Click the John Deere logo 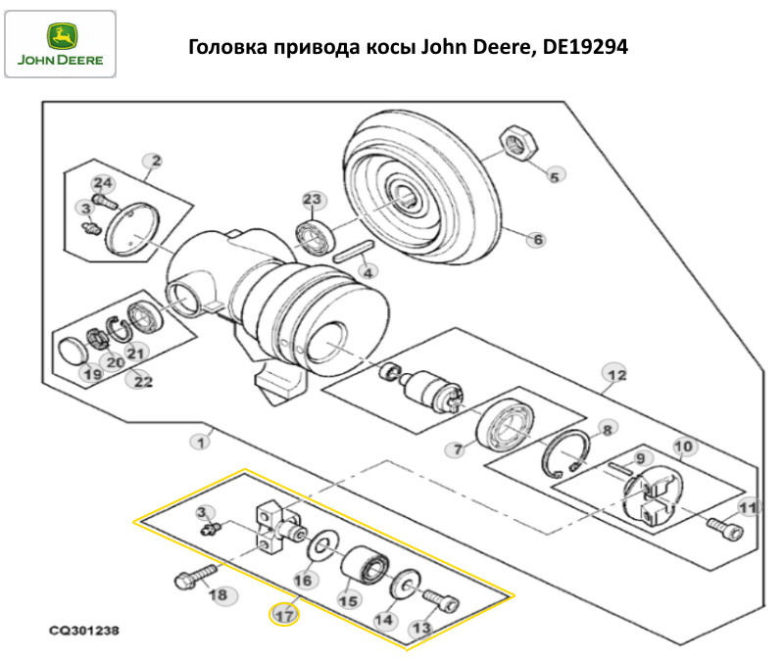pyautogui.click(x=60, y=43)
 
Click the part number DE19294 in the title pyautogui.click(x=585, y=46)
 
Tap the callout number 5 pyautogui.click(x=554, y=176)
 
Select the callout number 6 pyautogui.click(x=538, y=238)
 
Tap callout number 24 pyautogui.click(x=103, y=183)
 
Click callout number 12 pyautogui.click(x=614, y=375)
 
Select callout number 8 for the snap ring pyautogui.click(x=608, y=429)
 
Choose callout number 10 pyautogui.click(x=683, y=447)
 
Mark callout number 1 pyautogui.click(x=200, y=442)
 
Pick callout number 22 pyautogui.click(x=143, y=381)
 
